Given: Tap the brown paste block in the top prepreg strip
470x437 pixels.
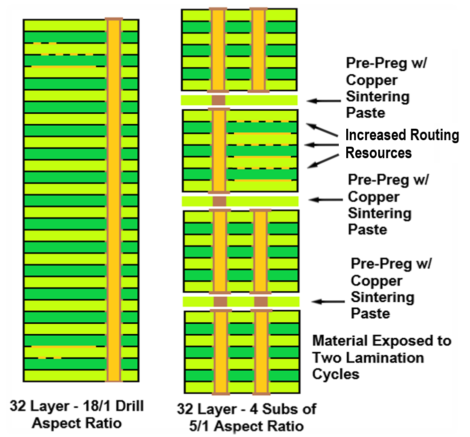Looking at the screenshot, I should click(x=219, y=100).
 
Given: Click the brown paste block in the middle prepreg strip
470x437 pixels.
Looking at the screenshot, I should click(x=220, y=201).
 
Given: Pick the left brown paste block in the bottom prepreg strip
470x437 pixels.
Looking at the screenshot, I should click(x=220, y=302).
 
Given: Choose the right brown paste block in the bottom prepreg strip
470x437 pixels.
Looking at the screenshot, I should click(x=260, y=302).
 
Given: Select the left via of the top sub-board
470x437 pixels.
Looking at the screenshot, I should click(x=218, y=49).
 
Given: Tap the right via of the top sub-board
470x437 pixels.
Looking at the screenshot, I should click(x=258, y=49).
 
